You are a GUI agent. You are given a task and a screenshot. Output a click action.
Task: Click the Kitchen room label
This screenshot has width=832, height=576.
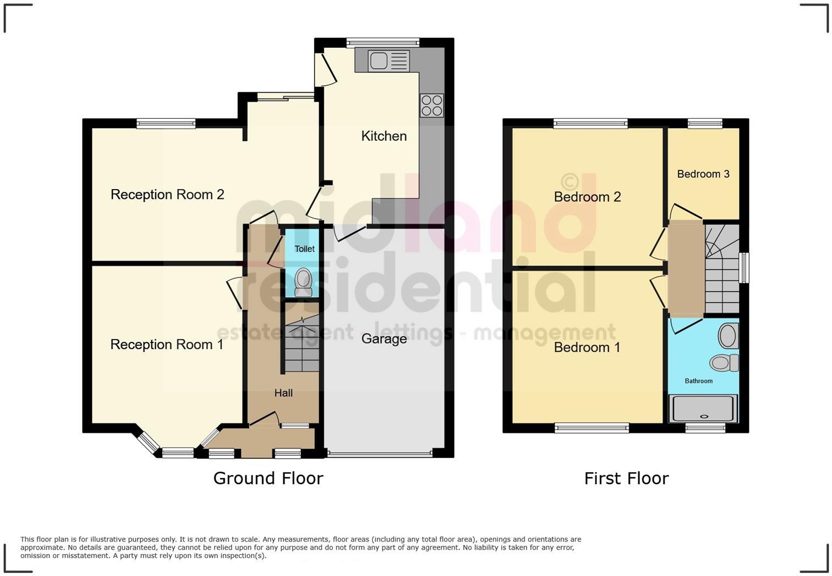[384, 136]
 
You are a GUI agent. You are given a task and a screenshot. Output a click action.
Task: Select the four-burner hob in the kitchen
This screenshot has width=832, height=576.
[431, 106]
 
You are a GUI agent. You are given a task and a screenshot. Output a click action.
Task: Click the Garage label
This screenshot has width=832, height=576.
[384, 339]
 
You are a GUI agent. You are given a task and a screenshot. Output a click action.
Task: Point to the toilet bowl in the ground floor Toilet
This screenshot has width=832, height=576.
[303, 282]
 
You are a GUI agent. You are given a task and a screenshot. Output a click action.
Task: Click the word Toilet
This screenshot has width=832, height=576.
[304, 249]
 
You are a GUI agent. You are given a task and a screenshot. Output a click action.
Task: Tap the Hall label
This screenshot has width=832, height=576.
[283, 393]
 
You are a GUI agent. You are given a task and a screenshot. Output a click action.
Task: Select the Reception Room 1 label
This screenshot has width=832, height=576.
[167, 345]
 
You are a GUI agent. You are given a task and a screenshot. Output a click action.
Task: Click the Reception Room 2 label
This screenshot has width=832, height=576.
[167, 195]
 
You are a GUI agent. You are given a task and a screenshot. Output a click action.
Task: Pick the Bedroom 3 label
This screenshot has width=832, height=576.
[703, 174]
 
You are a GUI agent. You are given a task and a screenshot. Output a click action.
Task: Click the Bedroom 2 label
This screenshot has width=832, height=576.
[587, 197]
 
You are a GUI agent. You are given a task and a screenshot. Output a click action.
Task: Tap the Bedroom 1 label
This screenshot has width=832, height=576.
[587, 347]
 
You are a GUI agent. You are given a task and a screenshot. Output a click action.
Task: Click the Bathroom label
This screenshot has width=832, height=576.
[698, 381]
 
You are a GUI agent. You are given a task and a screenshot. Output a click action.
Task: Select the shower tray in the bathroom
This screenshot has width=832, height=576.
[702, 409]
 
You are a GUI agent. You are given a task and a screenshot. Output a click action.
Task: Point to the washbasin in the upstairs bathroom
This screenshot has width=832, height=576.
[727, 336]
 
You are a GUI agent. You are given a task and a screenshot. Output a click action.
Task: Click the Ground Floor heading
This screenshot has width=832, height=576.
[268, 478]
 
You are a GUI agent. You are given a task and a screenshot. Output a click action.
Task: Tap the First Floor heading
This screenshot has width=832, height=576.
[626, 478]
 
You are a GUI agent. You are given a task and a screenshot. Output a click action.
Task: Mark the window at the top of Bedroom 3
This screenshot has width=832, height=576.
[705, 124]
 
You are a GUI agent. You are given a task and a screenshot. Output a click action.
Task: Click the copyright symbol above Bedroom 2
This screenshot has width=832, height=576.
[570, 181]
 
